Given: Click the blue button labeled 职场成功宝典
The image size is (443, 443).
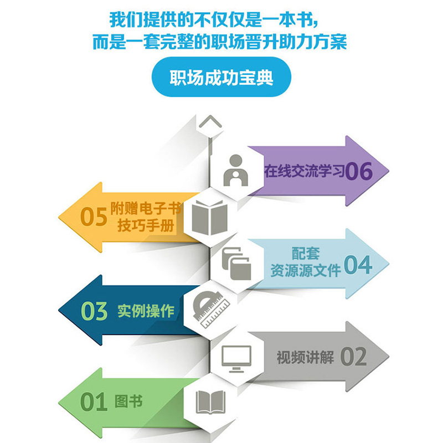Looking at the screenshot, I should click(221, 77).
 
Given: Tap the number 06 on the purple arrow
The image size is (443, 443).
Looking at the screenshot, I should click(359, 172).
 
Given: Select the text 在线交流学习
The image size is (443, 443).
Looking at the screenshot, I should click(304, 171).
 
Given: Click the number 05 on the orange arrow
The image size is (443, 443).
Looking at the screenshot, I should click(93, 217).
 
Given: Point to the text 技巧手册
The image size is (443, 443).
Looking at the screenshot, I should click(145, 226).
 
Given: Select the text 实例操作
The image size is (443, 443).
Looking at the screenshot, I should click(146, 311).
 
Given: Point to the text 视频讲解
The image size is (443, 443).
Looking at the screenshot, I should click(305, 357).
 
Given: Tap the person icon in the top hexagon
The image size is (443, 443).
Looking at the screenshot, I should click(234, 170).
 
